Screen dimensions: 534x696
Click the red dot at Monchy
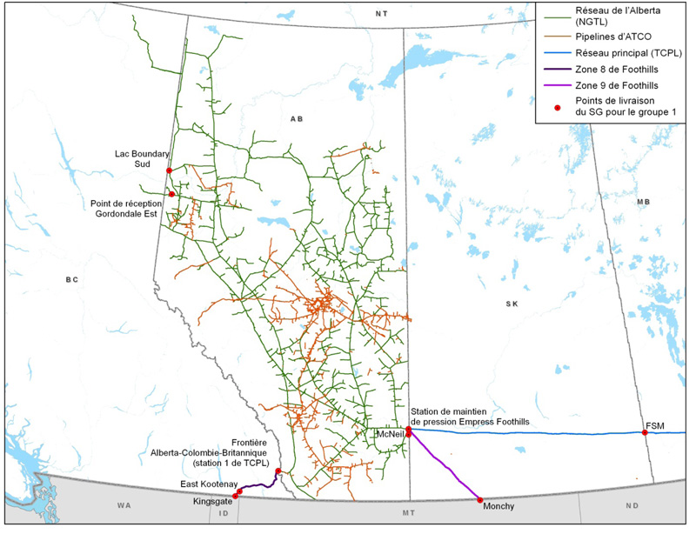pos(480,499)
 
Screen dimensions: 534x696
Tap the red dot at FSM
pos(645,432)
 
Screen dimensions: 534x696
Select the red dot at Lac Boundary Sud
pos(169,170)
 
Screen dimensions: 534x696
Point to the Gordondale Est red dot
pos(172,194)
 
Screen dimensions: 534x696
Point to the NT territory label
pos(380,13)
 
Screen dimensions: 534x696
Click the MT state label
pos(408,513)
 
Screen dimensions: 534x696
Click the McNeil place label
pos(387,432)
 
